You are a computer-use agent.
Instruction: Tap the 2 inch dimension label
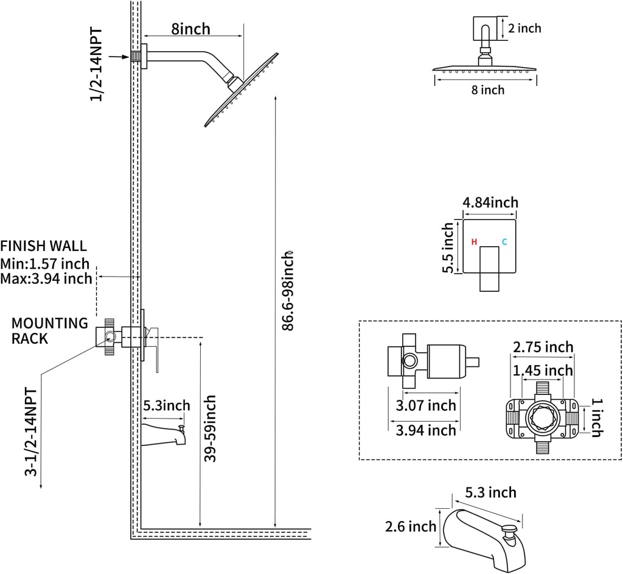[524, 28]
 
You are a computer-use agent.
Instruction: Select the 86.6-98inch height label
[288, 291]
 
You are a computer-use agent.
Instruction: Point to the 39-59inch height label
[210, 428]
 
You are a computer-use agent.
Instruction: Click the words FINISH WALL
[43, 246]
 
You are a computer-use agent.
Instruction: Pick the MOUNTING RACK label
[50, 331]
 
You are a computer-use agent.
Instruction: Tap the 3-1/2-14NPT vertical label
[31, 433]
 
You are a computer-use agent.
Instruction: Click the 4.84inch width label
[490, 202]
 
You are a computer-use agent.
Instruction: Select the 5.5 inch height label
[448, 248]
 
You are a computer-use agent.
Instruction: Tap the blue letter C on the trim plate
[504, 242]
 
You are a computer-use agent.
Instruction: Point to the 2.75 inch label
[543, 347]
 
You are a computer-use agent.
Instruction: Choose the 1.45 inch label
[543, 370]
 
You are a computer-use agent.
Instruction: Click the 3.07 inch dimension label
[425, 405]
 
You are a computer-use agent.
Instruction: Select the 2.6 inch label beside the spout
[410, 526]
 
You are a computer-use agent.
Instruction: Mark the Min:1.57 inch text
[45, 264]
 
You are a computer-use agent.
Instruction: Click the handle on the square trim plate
[489, 268]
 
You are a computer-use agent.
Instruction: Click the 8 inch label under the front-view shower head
[488, 90]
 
